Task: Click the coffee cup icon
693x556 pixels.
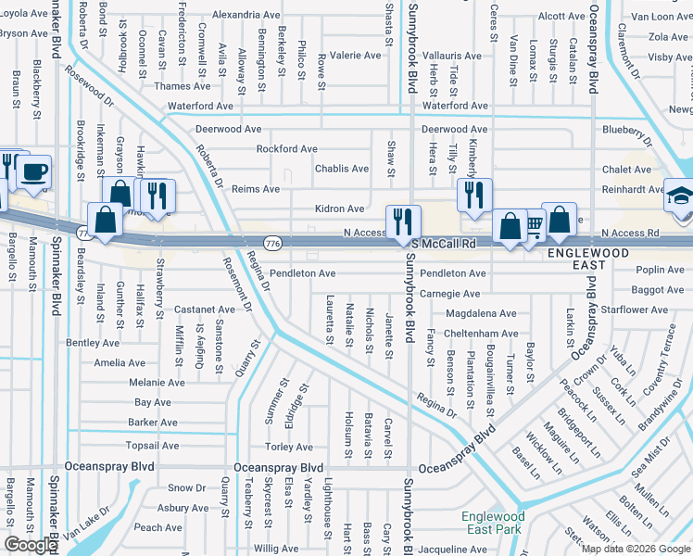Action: pyautogui.click(x=33, y=172)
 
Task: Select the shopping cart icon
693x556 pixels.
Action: pyautogui.click(x=534, y=223)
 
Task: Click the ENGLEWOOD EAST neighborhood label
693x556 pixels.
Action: pyautogui.click(x=594, y=253)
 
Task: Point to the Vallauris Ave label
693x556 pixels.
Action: pyautogui.click(x=451, y=56)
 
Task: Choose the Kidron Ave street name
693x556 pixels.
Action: pyautogui.click(x=339, y=209)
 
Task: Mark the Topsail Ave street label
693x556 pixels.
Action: pyautogui.click(x=153, y=446)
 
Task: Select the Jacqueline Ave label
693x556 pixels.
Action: pyautogui.click(x=451, y=550)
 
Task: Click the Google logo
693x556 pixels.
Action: pyautogui.click(x=31, y=545)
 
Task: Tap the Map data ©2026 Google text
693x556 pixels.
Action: pyautogui.click(x=636, y=549)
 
